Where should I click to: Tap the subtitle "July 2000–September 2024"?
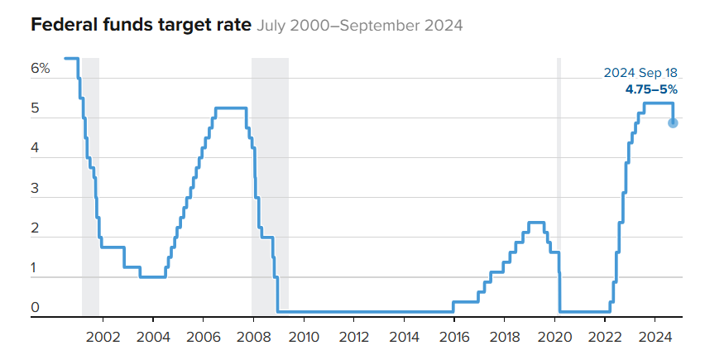coord(359,26)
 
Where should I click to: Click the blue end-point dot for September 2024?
coord(673,122)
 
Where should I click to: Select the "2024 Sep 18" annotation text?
coord(640,73)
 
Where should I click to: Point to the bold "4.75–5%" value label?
coord(651,89)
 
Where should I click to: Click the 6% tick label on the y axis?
coord(41,69)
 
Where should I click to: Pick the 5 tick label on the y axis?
coord(36,108)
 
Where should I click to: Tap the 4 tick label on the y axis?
coord(36,149)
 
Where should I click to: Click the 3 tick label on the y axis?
coord(36,189)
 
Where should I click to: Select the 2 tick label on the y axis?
coord(36,229)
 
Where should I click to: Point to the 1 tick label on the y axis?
coord(36,269)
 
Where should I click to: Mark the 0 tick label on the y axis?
coord(36,309)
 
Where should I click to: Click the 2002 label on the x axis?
coord(103,337)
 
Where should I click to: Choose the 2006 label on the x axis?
coord(204,337)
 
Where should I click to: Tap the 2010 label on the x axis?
coord(304,337)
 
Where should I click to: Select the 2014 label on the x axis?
coord(405,337)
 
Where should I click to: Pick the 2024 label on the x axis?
coord(655,337)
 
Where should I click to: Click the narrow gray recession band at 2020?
coord(559,166)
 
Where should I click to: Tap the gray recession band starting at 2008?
coord(270,166)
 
